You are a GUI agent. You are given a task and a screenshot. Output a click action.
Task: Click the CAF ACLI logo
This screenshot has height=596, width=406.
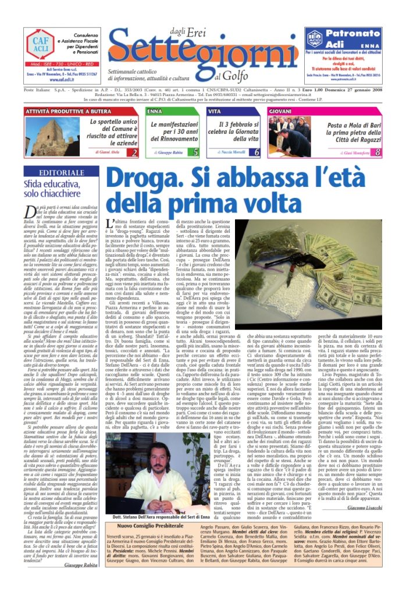(41, 44)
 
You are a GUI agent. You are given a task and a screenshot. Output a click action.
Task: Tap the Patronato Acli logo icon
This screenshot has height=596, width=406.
(314, 39)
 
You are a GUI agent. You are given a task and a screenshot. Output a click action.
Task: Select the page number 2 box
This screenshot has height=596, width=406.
(133, 153)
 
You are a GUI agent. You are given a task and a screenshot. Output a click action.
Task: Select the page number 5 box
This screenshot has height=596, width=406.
(195, 152)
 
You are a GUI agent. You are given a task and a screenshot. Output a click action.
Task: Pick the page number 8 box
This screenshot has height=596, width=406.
(377, 152)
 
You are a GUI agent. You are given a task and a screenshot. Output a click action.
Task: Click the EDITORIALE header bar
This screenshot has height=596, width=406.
(60, 172)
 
